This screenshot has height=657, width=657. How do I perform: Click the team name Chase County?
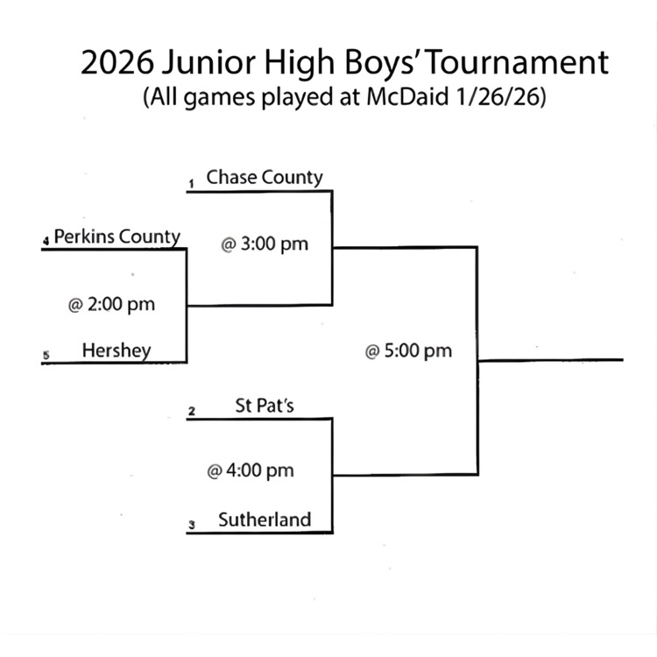point(265,177)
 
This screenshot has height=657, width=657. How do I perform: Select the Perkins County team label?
point(117,237)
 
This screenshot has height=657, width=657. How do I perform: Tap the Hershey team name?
point(117,350)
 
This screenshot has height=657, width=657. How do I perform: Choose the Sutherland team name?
point(265,519)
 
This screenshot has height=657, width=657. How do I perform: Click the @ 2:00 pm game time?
point(111,305)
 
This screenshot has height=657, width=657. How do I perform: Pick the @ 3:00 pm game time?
point(265,244)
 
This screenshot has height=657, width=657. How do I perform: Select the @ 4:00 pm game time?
point(251,471)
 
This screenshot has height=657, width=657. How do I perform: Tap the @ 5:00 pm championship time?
point(408,351)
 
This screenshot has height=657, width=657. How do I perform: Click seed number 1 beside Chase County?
point(190,184)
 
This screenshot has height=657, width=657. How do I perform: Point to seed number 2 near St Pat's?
point(191,411)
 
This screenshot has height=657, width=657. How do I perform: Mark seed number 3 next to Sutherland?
point(191,526)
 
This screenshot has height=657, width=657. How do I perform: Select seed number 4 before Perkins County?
point(46,240)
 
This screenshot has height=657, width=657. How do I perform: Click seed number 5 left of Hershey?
point(46,355)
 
